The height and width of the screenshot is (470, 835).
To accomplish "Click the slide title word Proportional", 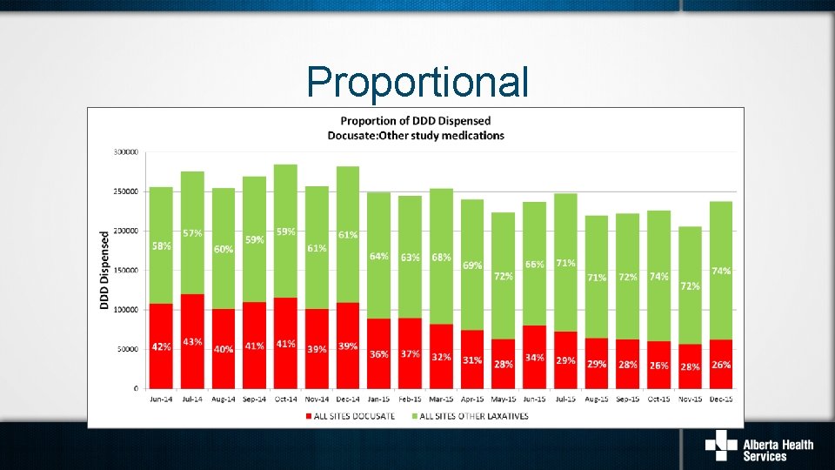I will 417,83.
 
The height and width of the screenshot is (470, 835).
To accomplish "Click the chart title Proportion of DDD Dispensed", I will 415,120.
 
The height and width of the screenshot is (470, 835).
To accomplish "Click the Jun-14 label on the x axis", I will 160,399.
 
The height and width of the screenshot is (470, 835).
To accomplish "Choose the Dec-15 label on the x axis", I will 720,399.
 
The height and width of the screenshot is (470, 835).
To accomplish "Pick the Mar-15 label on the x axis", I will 441,399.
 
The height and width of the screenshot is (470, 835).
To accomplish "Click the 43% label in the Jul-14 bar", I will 192,342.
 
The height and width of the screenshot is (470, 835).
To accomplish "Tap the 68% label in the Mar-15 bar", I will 441,258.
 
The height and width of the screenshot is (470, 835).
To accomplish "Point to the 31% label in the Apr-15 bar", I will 472,359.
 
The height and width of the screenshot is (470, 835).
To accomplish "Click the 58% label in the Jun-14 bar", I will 161,246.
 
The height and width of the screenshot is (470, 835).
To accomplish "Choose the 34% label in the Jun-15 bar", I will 535,358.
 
